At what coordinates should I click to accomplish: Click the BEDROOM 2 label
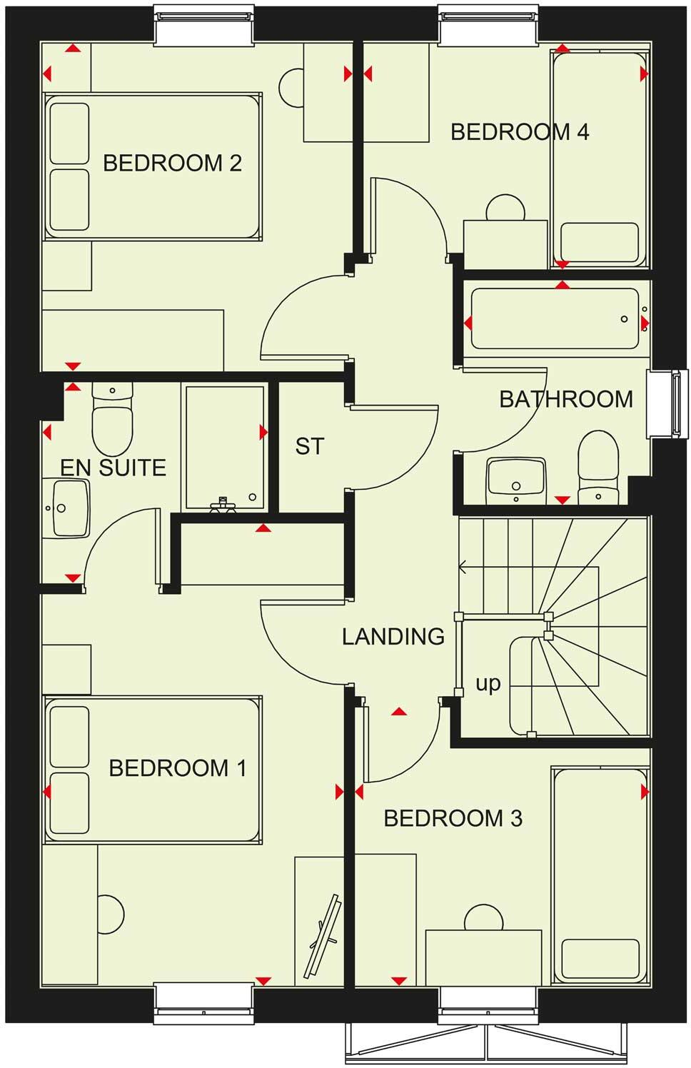[x=172, y=163]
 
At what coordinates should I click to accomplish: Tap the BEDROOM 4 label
[x=520, y=132]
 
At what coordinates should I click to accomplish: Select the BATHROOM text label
[x=565, y=399]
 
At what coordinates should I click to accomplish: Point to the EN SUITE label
[x=113, y=468]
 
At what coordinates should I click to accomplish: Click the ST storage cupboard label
[x=310, y=446]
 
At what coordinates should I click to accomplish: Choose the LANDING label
[x=393, y=636]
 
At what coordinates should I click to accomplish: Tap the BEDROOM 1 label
[x=177, y=768]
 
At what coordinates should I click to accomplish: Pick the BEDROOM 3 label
[x=453, y=818]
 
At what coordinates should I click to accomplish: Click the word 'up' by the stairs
[x=488, y=683]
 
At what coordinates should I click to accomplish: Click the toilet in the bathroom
[x=597, y=466]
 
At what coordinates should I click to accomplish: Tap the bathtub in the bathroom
[x=555, y=318]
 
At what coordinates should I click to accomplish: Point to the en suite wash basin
[x=66, y=508]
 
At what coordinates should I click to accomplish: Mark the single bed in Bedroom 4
[x=599, y=159]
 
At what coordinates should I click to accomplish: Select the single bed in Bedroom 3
[x=600, y=875]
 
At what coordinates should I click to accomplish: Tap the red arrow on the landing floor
[x=400, y=712]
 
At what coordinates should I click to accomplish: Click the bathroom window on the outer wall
[x=670, y=403]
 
